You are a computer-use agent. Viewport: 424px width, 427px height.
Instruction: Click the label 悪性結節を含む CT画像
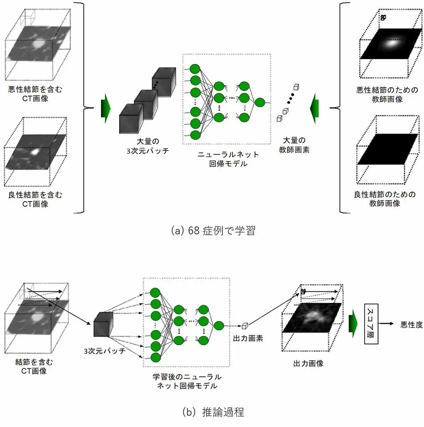(35, 94)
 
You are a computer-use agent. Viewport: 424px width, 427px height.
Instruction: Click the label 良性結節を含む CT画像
(35, 199)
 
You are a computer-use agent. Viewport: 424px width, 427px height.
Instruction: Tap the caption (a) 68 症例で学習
(213, 231)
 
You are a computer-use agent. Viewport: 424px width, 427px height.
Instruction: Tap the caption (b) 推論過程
(213, 412)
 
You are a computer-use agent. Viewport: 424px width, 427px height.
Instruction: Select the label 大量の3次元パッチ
(148, 146)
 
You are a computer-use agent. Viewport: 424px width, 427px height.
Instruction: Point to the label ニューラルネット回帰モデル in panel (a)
(228, 159)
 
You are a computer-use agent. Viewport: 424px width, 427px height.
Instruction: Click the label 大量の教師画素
(294, 145)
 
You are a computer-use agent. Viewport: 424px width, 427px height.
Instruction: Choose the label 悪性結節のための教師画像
(387, 95)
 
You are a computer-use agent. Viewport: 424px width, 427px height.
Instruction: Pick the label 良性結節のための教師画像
(385, 199)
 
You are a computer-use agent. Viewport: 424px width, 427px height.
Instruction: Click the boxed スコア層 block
(371, 324)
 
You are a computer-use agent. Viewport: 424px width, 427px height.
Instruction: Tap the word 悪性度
(411, 325)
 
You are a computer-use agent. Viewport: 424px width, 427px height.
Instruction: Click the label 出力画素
(248, 338)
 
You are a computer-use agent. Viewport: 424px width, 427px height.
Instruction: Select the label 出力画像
(308, 363)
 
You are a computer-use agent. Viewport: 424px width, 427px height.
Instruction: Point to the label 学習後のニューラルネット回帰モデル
(187, 381)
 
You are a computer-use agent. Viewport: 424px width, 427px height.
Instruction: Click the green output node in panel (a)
(260, 102)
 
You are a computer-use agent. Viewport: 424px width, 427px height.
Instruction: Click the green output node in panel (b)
(219, 326)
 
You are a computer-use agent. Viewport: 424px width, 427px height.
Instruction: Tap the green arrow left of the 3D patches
(106, 108)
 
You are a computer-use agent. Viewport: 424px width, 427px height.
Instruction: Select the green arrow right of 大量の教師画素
(314, 108)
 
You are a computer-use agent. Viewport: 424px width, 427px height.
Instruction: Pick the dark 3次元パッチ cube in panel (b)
(103, 325)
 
